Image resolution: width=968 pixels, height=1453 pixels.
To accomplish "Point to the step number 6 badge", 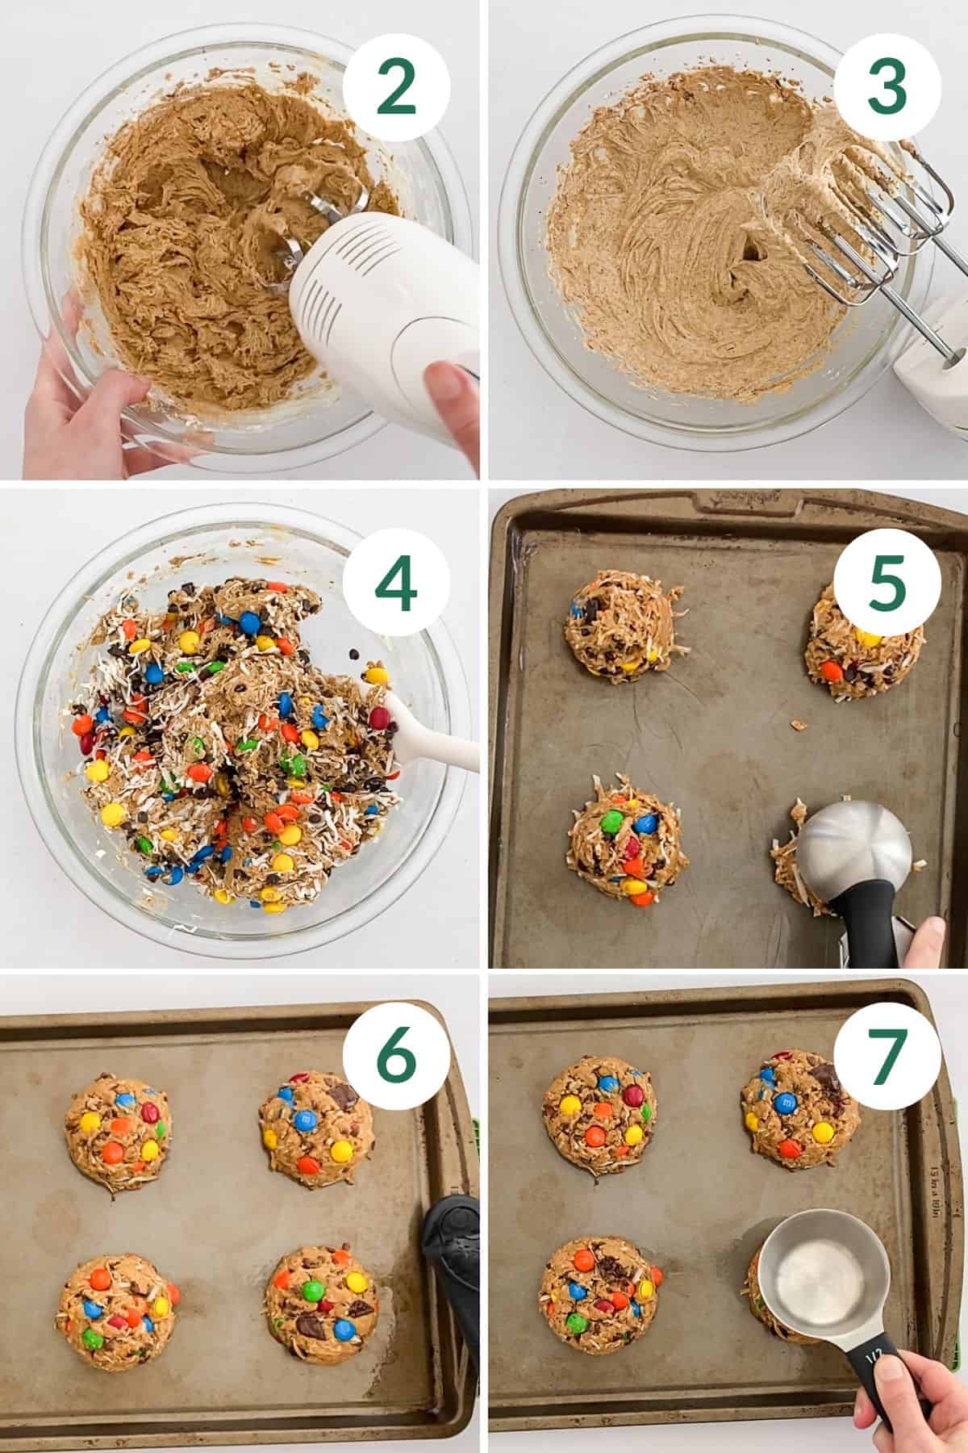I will (x=396, y=1059).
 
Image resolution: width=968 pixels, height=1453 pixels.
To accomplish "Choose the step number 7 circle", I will (x=885, y=1059).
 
